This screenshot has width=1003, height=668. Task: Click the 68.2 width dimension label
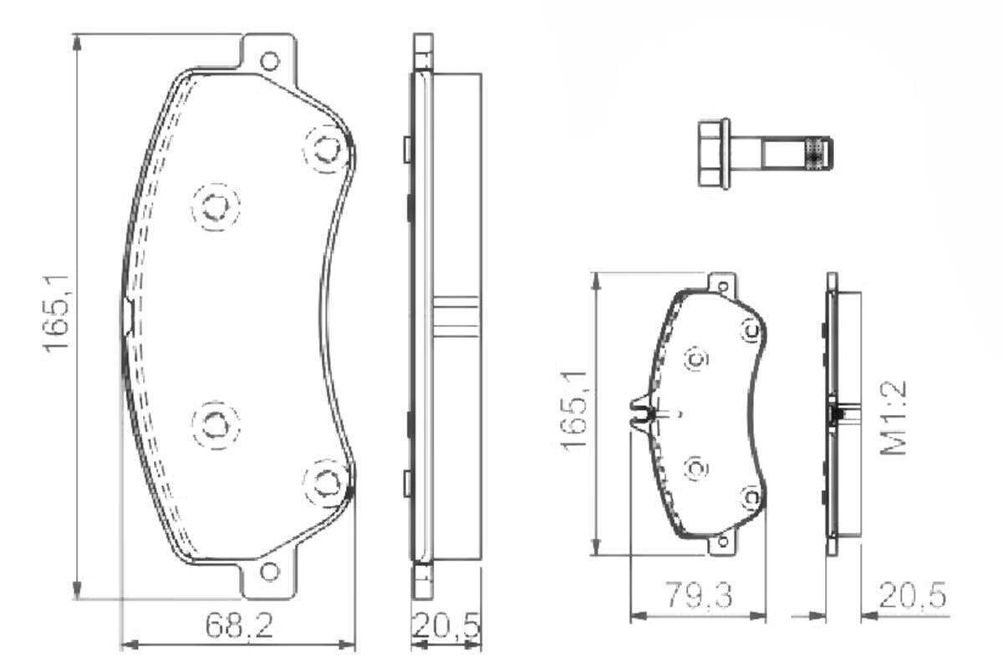239,625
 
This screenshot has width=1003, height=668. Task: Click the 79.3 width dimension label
699,595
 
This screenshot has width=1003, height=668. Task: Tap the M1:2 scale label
894,417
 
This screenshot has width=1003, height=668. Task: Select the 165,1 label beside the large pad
57,314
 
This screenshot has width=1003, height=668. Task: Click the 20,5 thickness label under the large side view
446,625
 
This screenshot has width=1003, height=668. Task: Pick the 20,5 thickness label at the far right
913,595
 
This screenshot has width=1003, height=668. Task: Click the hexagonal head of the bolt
714,153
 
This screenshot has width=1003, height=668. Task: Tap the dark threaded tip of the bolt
819,154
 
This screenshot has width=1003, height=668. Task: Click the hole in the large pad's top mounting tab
269,61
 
